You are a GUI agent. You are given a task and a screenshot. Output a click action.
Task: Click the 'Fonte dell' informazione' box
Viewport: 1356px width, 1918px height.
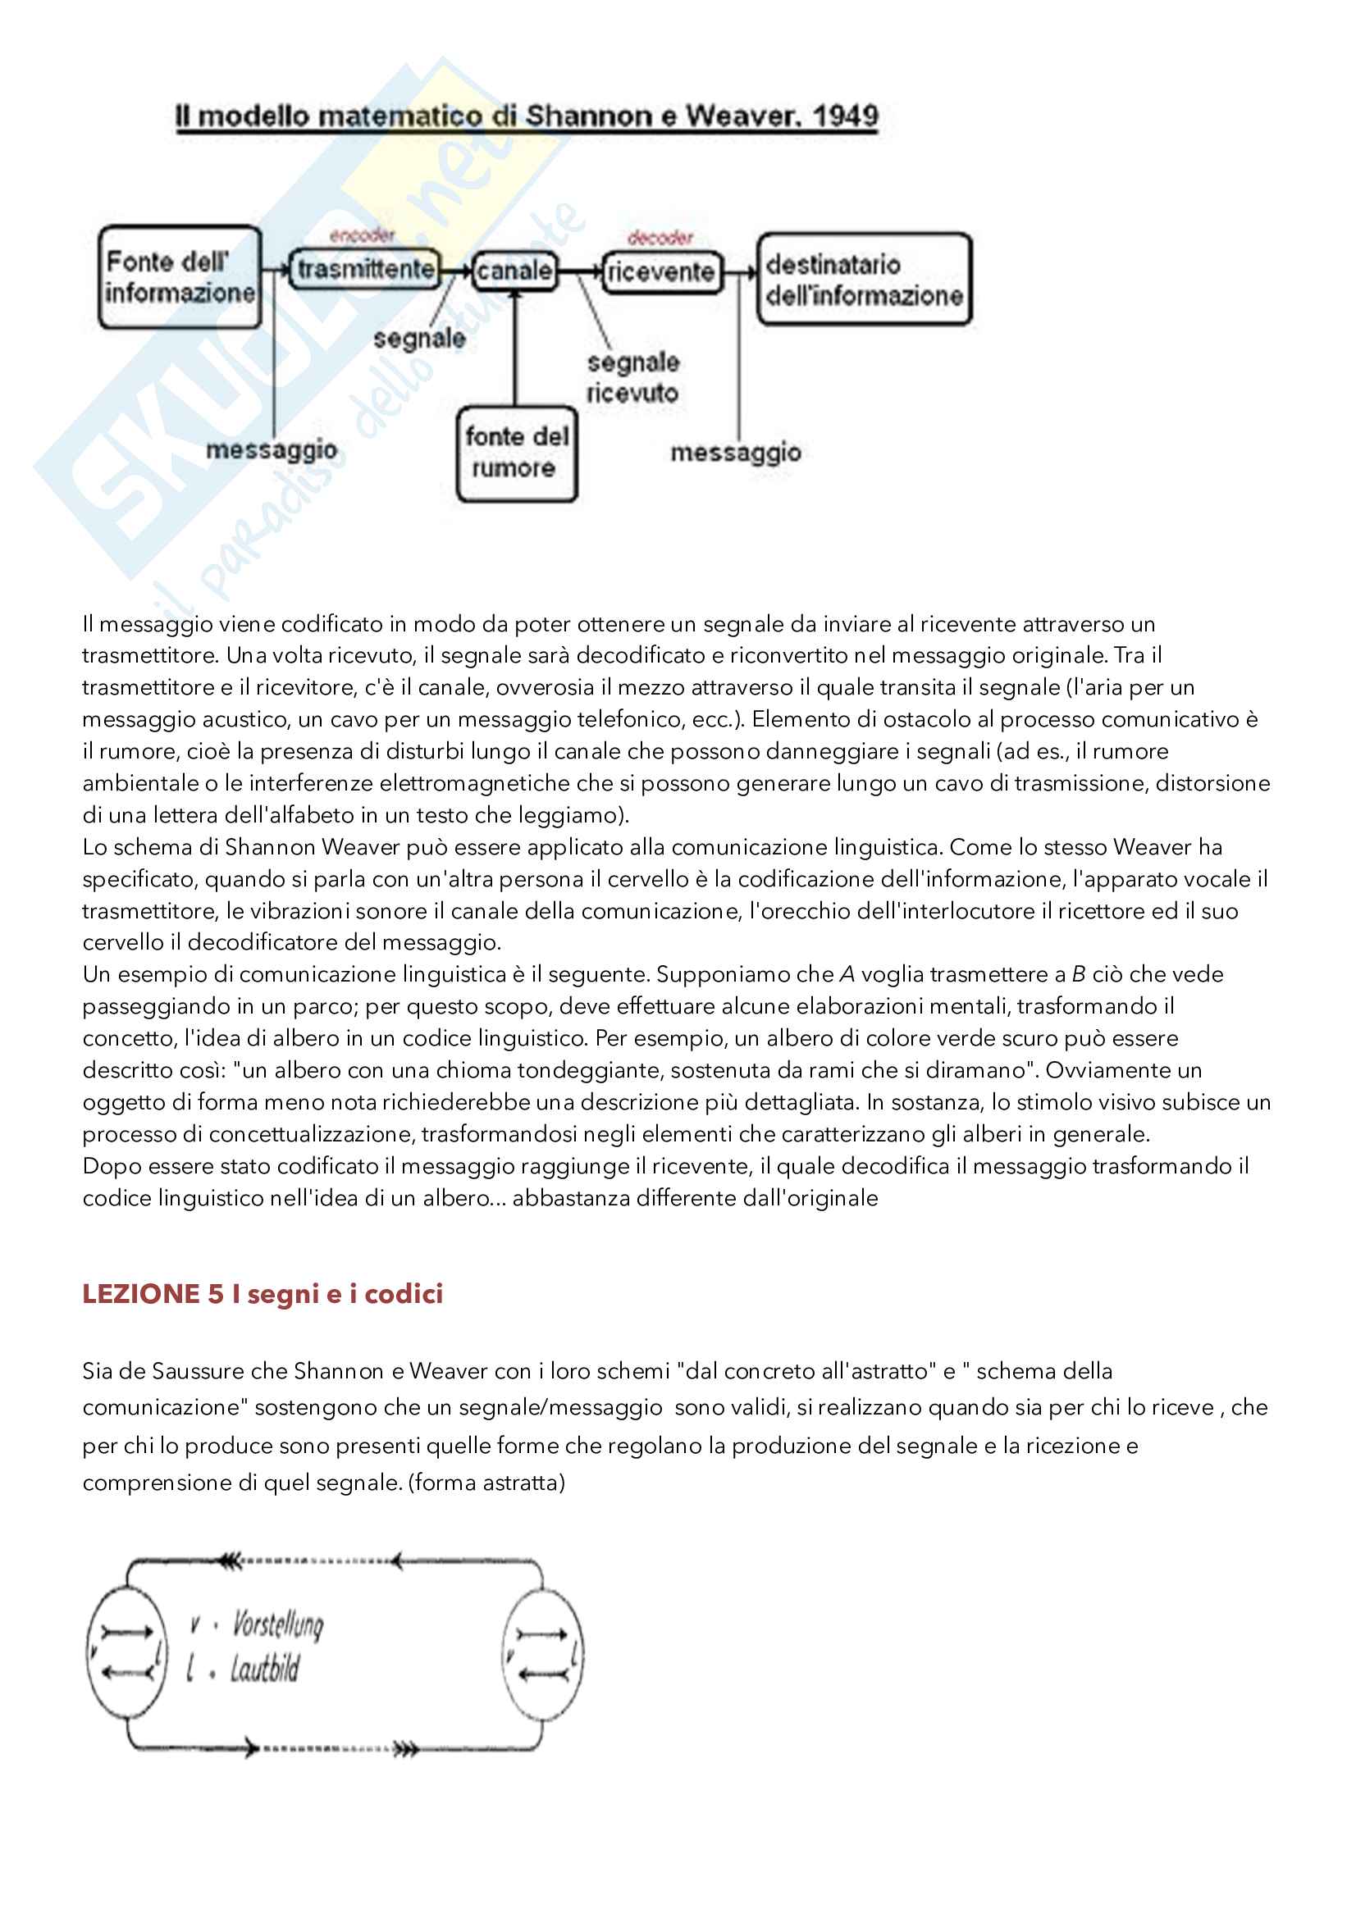(180, 276)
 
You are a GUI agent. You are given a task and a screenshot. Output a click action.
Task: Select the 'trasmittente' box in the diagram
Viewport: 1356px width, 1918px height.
(365, 269)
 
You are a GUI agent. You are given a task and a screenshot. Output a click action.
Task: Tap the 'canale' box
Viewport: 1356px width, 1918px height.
(514, 271)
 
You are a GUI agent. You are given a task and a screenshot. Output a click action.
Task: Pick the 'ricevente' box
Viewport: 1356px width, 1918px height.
(661, 271)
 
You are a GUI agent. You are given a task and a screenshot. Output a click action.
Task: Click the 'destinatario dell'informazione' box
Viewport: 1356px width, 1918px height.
(864, 279)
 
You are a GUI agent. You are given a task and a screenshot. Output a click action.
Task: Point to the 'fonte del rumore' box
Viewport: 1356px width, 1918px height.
(516, 453)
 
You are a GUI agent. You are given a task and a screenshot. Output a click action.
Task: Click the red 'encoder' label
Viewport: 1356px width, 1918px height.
(362, 235)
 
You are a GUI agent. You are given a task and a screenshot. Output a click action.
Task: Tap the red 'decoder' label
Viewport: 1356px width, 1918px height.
(660, 238)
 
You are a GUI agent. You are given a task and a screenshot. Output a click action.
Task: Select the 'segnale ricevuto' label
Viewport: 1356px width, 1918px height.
(632, 377)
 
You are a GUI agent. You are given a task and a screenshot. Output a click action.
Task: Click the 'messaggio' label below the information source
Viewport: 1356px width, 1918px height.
(272, 450)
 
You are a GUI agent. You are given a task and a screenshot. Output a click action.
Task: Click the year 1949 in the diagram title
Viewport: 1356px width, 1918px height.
(845, 116)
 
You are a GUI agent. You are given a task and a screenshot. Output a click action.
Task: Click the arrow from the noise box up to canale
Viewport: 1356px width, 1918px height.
(514, 351)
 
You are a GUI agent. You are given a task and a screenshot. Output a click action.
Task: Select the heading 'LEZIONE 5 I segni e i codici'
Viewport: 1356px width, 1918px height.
(263, 1294)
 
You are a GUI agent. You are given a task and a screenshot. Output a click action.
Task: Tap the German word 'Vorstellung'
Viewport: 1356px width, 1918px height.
(277, 1624)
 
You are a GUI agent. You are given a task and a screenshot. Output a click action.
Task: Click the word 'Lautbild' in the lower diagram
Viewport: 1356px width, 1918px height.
(264, 1670)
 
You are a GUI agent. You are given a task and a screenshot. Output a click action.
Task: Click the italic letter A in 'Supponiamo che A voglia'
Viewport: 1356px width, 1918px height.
(847, 974)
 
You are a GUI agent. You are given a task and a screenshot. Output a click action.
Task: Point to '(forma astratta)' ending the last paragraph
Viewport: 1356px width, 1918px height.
(486, 1483)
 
